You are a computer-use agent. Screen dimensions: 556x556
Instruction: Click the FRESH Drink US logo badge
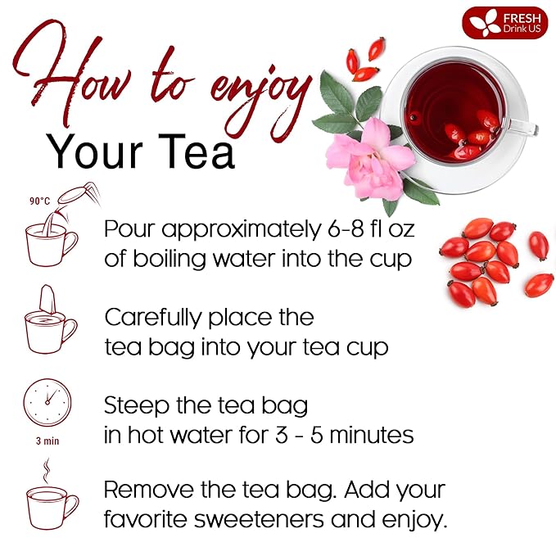tap(504, 22)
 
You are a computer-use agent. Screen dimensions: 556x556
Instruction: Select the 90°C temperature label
tap(39, 201)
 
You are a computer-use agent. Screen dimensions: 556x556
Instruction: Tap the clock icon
tap(47, 402)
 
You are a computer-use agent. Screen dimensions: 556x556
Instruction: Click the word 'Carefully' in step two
tap(156, 317)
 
